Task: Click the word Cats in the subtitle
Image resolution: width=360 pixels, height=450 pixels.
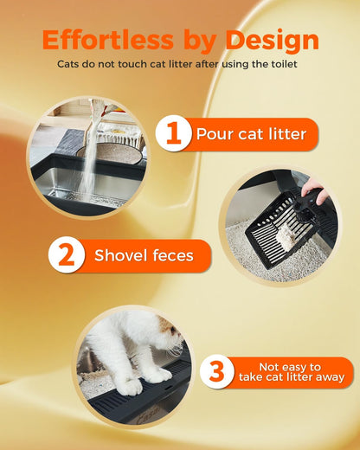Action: tap(71, 64)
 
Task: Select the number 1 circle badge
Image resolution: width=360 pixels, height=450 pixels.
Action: tap(173, 134)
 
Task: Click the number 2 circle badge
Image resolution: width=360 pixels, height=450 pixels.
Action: tap(67, 256)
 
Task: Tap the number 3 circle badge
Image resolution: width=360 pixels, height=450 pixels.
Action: tap(217, 372)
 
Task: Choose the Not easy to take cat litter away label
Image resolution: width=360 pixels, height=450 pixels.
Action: tap(289, 372)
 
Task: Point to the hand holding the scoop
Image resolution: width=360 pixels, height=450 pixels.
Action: tap(317, 192)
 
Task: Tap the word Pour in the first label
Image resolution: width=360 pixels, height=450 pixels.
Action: tap(211, 134)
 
